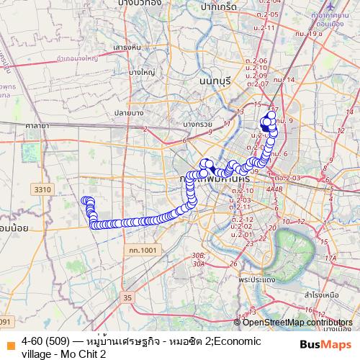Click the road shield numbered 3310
click(x=42, y=189)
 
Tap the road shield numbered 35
click(x=128, y=297)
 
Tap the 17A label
click(x=330, y=258)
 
